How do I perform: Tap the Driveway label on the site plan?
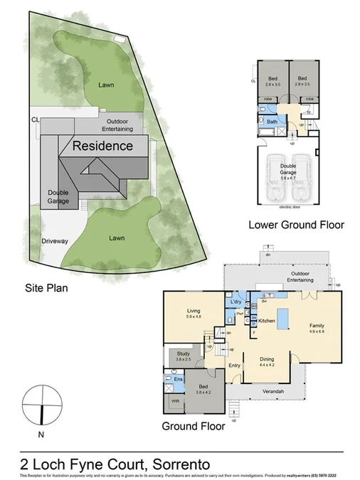point(55,241)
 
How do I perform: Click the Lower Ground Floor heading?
point(295,225)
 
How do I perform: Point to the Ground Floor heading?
point(194,427)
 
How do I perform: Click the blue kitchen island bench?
point(282,319)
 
